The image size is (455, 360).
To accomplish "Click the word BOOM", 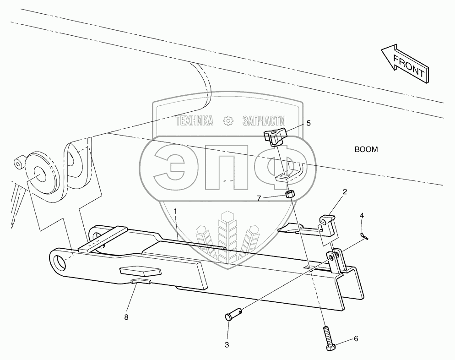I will coord(366,150).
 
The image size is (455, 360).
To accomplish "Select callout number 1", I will coord(175,211).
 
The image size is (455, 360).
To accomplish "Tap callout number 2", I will coord(345,192).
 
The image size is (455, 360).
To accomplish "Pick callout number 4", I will coord(362,215).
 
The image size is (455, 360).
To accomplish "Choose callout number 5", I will coord(308,123).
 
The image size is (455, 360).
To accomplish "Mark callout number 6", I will coord(356,339).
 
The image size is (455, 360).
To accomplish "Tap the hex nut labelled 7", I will coord(289,195).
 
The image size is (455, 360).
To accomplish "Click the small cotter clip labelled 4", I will coord(366,235).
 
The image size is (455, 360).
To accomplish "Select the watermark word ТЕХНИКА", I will coord(195,120).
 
